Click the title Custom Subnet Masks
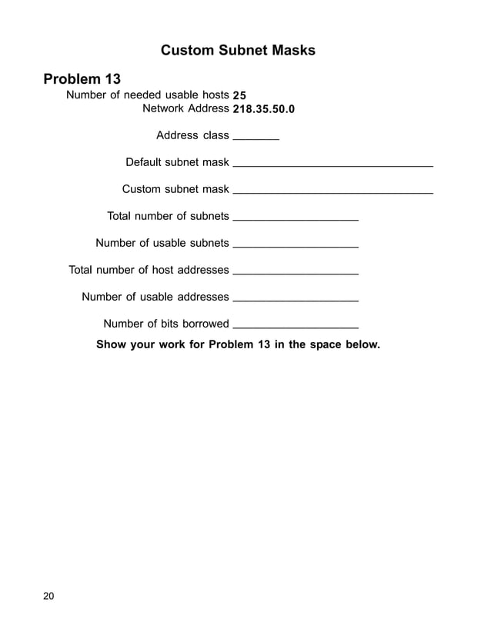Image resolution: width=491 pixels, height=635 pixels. tap(238, 51)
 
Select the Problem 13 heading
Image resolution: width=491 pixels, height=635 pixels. tap(82, 78)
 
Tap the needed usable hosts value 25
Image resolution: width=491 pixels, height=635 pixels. tap(239, 95)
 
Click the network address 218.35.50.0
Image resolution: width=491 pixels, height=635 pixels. tap(263, 109)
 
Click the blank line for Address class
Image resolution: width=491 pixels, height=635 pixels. tap(256, 138)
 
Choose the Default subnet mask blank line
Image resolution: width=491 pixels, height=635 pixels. tap(332, 165)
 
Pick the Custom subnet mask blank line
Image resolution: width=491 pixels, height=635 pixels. tap(332, 191)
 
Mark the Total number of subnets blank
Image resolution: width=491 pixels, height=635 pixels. tap(295, 219)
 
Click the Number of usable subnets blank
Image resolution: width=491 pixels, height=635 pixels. tap(295, 246)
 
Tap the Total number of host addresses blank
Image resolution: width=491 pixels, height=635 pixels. tap(295, 273)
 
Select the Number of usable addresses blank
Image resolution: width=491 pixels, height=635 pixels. tap(295, 300)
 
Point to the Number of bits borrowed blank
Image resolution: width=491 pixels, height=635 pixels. tap(295, 327)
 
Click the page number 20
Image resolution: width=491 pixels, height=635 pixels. tap(49, 596)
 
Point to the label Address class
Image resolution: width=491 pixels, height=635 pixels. tap(192, 136)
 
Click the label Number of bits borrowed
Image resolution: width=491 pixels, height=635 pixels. tap(166, 324)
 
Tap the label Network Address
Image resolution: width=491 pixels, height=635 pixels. tap(185, 108)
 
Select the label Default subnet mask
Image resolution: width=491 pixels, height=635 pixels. tap(177, 162)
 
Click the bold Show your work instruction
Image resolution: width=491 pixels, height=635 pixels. tap(238, 344)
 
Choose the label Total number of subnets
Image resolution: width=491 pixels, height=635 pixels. tap(168, 216)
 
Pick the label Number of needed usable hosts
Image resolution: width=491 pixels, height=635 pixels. tap(148, 95)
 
